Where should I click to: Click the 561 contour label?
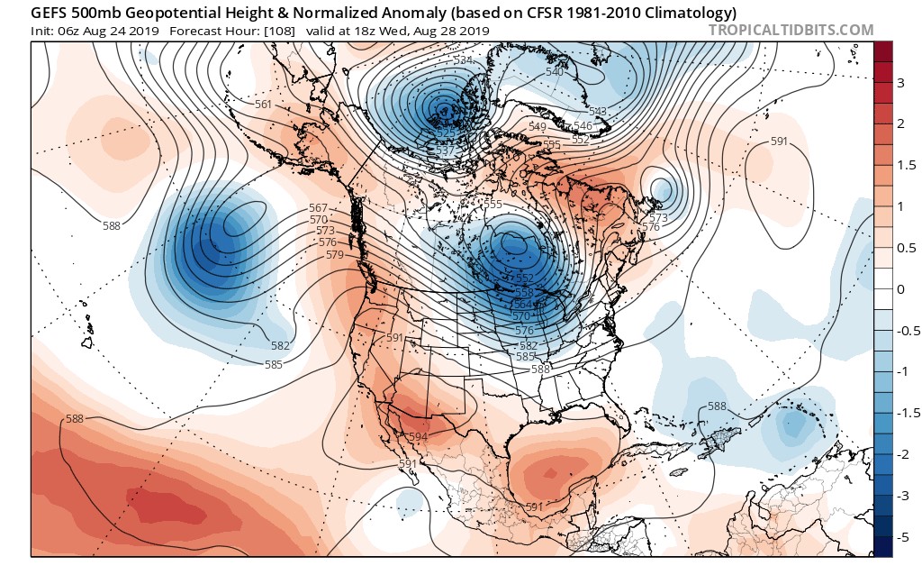pyautogui.click(x=264, y=105)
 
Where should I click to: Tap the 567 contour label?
pyautogui.click(x=319, y=208)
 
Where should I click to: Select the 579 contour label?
pyautogui.click(x=335, y=255)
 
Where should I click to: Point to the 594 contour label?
pyautogui.click(x=418, y=437)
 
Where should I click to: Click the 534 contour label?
pyautogui.click(x=464, y=60)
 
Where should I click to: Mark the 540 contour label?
pyautogui.click(x=555, y=72)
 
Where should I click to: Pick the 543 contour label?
pyautogui.click(x=598, y=112)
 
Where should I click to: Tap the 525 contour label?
pyautogui.click(x=445, y=132)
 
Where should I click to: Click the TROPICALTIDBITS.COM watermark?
pyautogui.click(x=791, y=30)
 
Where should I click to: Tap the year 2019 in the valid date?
pyautogui.click(x=474, y=31)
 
